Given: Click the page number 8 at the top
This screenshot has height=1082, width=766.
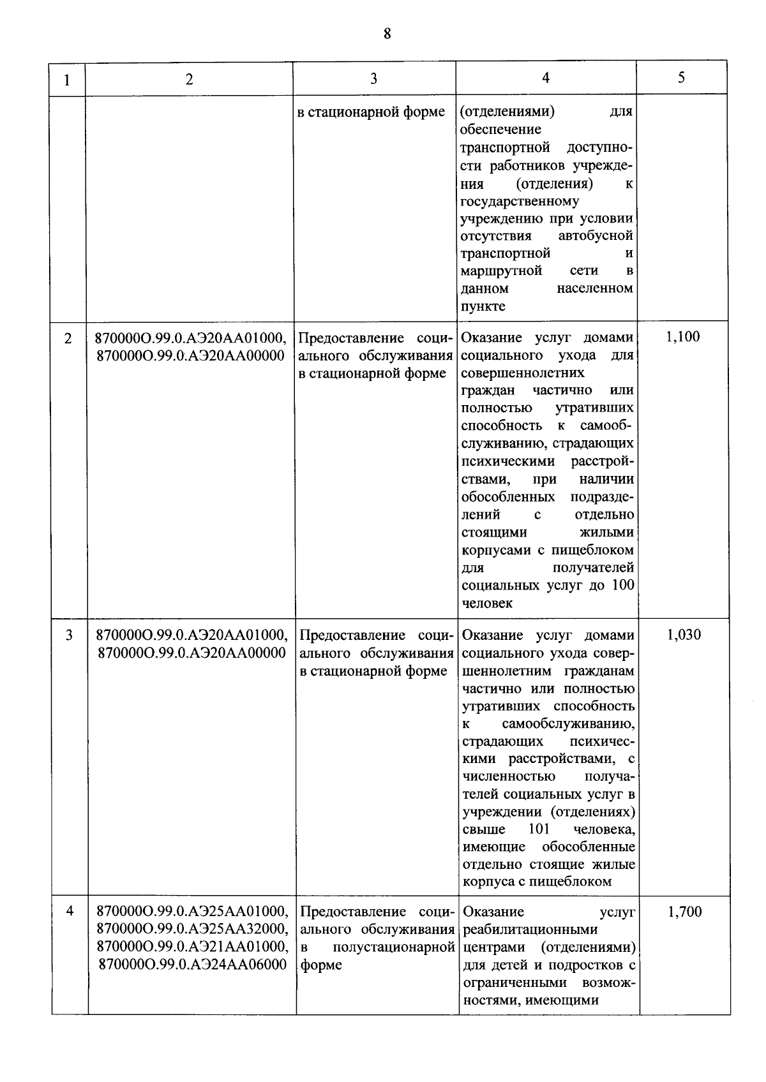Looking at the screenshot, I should [x=387, y=34].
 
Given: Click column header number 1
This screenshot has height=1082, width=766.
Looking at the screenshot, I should [x=67, y=80].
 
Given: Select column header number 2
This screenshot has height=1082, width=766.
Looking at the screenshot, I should [x=189, y=79].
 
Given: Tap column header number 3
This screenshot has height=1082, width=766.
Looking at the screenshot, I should [x=373, y=78].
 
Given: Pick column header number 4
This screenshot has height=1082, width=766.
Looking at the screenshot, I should [x=546, y=78].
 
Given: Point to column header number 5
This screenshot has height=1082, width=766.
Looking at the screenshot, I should [x=682, y=77].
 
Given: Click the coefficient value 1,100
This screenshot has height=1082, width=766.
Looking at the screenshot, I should [x=682, y=337].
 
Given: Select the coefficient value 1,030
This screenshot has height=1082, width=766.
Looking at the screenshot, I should [x=684, y=635].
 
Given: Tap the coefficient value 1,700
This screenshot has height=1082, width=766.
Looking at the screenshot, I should [x=685, y=912].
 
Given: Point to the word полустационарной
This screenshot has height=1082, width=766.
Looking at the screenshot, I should [x=394, y=947].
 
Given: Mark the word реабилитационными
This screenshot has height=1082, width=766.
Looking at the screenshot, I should [x=530, y=930].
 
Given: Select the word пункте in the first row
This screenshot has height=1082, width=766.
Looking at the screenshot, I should [x=483, y=306].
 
